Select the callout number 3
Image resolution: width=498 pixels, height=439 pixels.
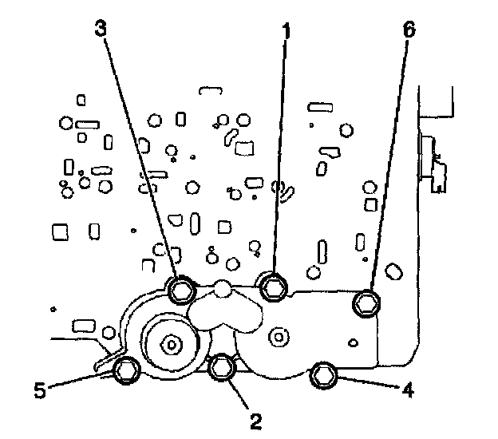coord(101,28)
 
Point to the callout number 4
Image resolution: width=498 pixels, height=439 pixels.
coord(408,391)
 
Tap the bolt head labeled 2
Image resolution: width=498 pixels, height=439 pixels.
coord(221,368)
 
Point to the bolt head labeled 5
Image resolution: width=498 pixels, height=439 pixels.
coord(126,370)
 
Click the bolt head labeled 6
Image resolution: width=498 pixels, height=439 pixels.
coord(366,302)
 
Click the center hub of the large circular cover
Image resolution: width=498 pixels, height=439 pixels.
coord(171,344)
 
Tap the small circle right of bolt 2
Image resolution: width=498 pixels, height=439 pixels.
coord(278,337)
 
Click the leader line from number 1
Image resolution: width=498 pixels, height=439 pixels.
coord(279,160)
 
